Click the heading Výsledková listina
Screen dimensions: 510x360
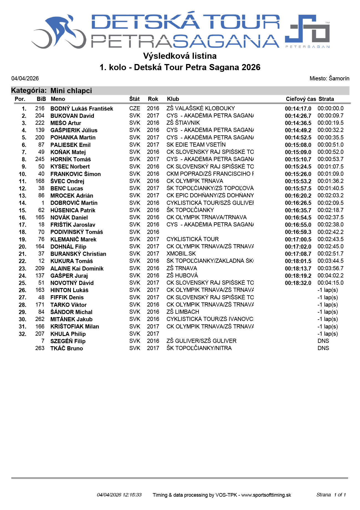pos(180,56)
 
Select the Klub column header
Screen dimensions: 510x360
pos(173,99)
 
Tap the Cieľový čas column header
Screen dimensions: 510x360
pos(300,99)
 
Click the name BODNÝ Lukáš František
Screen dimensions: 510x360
pos(82,109)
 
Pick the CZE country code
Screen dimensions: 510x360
pos(135,108)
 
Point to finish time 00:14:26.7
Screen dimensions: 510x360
pos(298,116)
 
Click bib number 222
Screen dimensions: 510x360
pos(40,123)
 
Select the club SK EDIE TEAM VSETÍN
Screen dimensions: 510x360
pos(196,145)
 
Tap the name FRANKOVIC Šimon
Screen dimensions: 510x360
pos(75,174)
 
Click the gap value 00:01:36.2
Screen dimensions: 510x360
pos(330,181)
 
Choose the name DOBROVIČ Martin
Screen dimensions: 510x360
pos(74,203)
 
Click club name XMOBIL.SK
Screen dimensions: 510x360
pos(181,254)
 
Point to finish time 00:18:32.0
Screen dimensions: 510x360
pos(298,283)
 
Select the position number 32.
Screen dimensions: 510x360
pos(22,334)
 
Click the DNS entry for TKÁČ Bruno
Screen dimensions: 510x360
pos(323,348)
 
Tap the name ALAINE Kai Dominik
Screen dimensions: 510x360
pos(77,269)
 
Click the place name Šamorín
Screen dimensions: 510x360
pos(339,78)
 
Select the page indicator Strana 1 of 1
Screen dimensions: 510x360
pos(331,495)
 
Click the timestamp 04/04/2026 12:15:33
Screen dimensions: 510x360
pos(119,495)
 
